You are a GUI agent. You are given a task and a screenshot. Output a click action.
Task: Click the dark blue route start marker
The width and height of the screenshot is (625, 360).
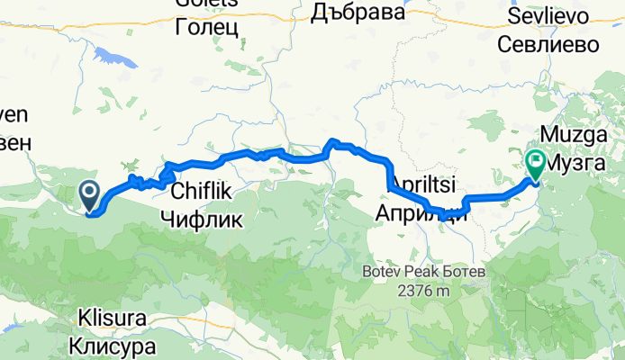click(x=91, y=193)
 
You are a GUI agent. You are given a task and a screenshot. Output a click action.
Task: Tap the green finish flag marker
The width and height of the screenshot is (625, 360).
click(x=536, y=163)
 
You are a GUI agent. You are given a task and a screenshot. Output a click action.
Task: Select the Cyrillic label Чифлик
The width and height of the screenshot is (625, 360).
click(x=202, y=217)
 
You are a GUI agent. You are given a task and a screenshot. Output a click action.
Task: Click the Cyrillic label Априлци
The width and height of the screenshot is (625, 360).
click(x=419, y=213)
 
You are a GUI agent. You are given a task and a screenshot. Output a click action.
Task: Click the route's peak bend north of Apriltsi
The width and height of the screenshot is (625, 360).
click(x=333, y=141)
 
